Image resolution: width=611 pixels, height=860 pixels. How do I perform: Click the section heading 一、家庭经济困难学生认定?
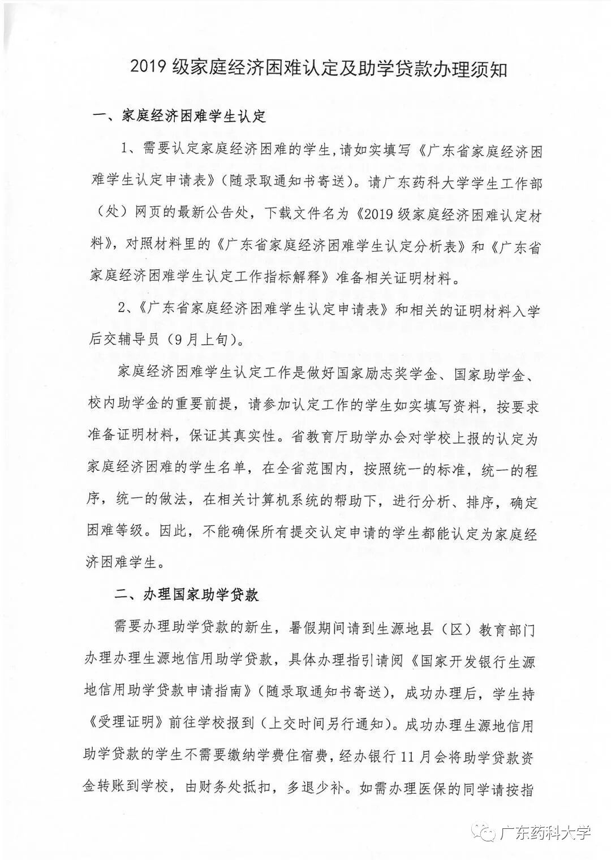coord(179,117)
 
